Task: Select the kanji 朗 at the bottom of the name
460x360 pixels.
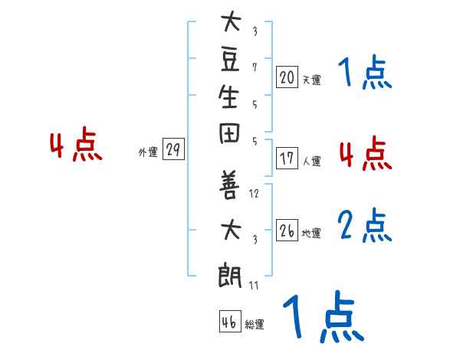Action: tap(230, 273)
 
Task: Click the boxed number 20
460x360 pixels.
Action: tap(287, 77)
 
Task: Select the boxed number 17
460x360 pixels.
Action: tap(287, 159)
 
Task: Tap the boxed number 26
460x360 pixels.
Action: tap(287, 231)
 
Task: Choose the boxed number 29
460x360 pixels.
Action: tap(174, 150)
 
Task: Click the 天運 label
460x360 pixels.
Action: tap(312, 79)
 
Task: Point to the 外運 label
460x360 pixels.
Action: tap(147, 152)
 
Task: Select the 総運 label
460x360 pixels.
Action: tap(255, 325)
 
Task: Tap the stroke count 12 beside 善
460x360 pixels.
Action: tap(255, 194)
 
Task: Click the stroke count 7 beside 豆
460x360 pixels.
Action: tap(255, 67)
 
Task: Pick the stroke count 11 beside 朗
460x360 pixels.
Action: tap(255, 285)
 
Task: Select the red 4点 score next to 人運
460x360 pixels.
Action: tap(365, 152)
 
